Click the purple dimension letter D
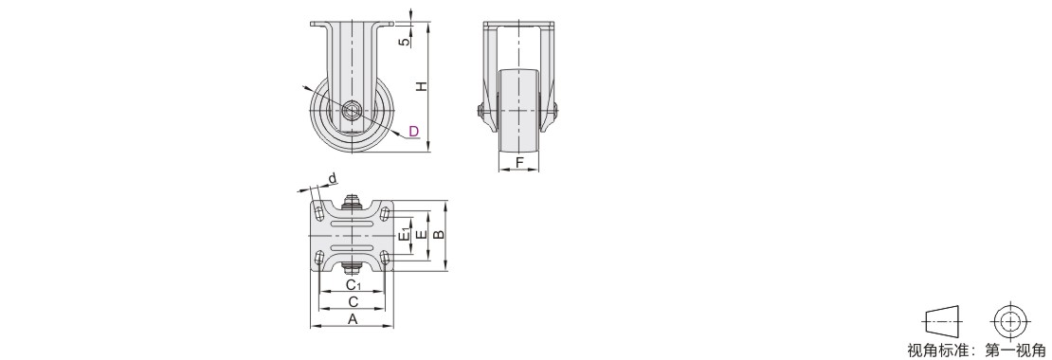click(414, 131)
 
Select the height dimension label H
click(420, 86)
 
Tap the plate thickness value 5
click(404, 42)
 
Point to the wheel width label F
click(519, 162)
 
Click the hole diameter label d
click(332, 178)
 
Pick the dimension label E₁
click(405, 235)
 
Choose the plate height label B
click(438, 234)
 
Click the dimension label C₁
click(354, 285)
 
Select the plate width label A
click(353, 319)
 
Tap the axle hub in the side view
click(352, 111)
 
